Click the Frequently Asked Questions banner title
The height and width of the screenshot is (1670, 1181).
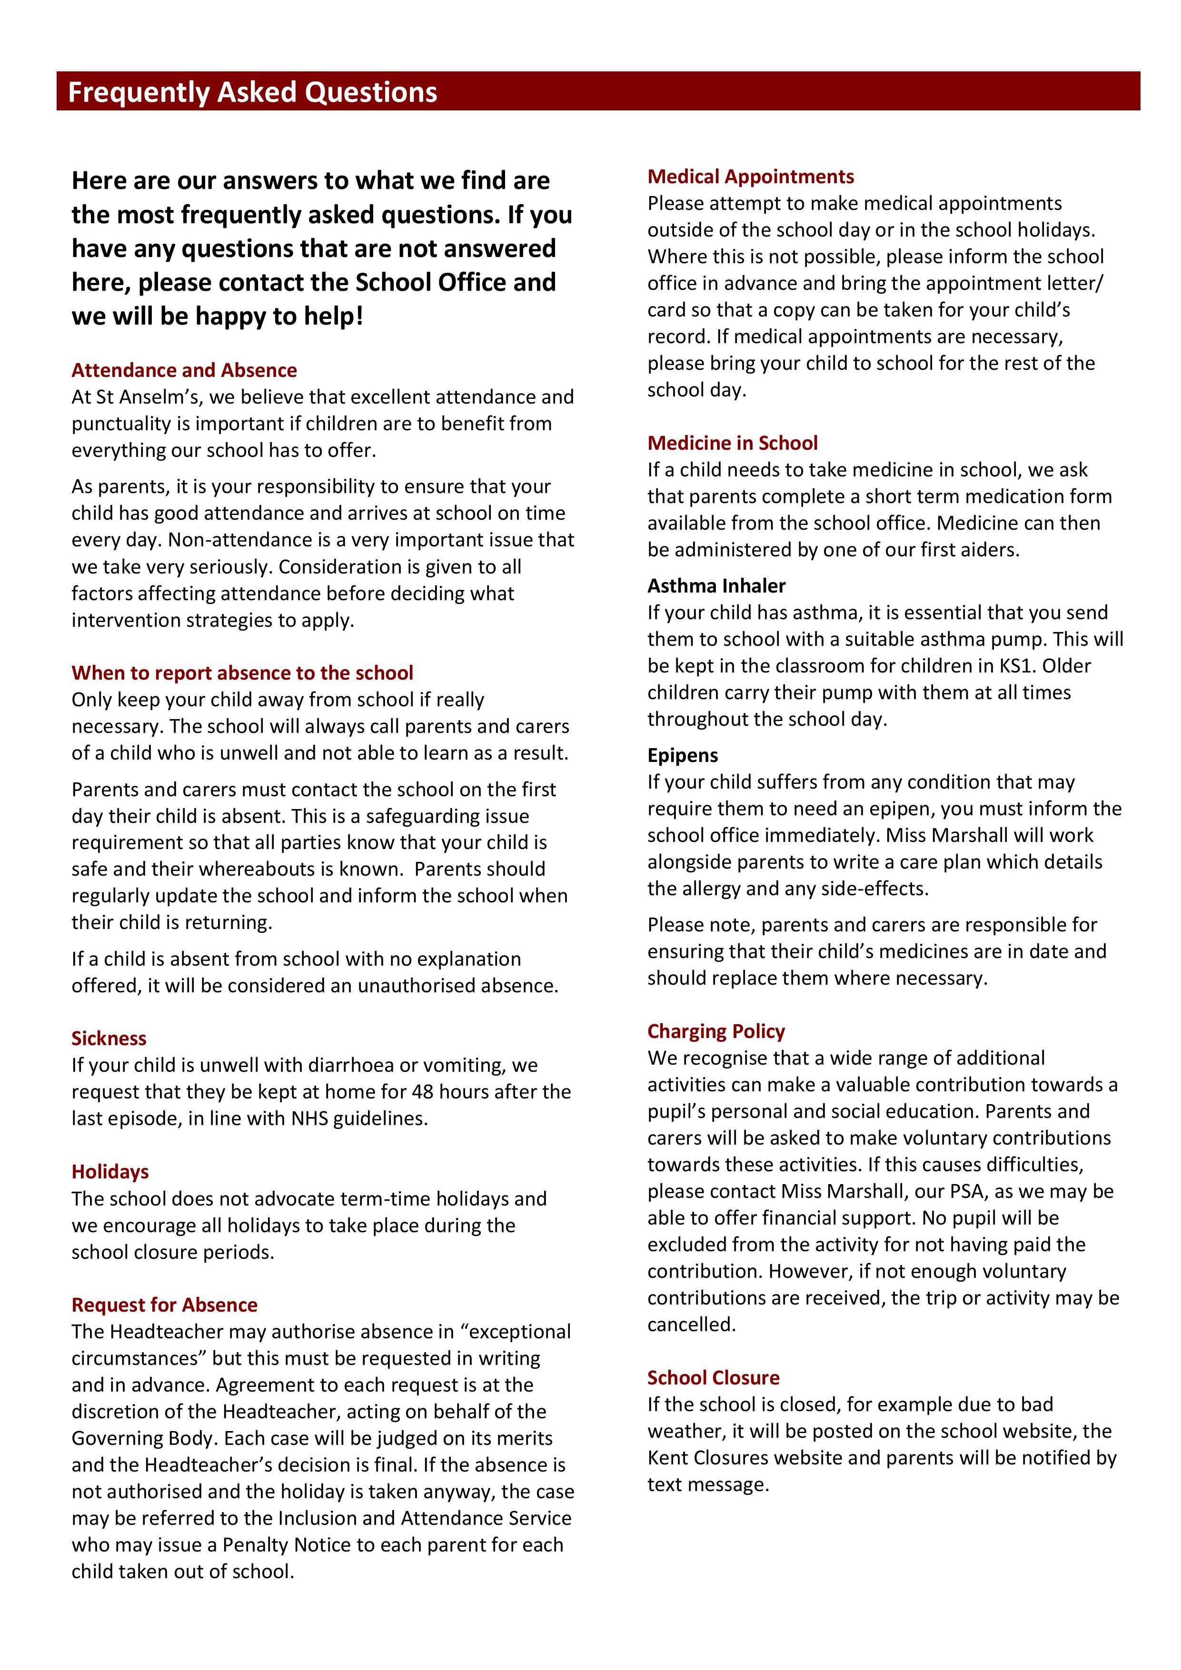tap(252, 92)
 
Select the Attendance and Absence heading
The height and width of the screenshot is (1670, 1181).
tap(184, 370)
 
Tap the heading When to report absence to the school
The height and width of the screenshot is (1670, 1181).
tap(242, 673)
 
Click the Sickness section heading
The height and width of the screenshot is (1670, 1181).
tap(109, 1038)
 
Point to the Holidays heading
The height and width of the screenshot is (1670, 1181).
tap(110, 1172)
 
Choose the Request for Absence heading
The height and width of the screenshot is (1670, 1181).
tap(164, 1305)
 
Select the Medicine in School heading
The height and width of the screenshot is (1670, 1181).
tap(733, 443)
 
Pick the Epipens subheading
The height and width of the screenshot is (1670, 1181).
tap(683, 755)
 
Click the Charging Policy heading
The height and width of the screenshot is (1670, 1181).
tap(716, 1031)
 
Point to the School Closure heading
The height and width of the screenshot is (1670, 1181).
tap(713, 1378)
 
